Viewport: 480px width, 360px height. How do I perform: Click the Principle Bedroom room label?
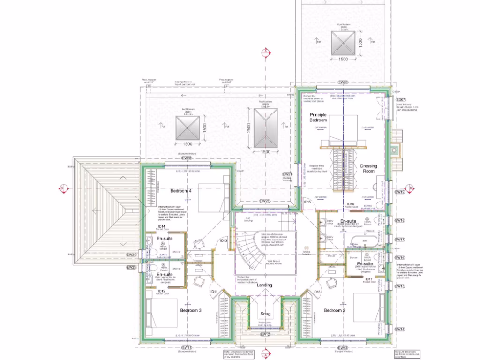[x=318, y=117]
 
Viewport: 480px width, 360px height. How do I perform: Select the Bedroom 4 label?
[x=181, y=191]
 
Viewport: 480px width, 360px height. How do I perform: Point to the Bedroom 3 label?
[x=191, y=310]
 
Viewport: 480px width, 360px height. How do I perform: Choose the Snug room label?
[x=265, y=314]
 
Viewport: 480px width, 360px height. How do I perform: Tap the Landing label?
[x=264, y=285]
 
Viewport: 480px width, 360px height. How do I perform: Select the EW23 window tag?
[x=187, y=158]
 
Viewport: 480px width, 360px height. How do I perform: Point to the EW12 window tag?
[x=265, y=335]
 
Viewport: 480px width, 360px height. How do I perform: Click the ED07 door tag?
[x=400, y=100]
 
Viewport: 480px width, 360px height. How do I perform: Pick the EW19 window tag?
[x=399, y=192]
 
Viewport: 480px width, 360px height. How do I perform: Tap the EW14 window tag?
[x=399, y=330]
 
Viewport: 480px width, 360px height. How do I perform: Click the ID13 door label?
[x=224, y=240]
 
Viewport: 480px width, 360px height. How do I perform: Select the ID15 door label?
[x=307, y=202]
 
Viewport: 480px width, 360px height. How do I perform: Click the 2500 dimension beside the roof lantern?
[x=249, y=127]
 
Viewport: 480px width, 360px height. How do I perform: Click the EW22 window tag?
[x=265, y=201]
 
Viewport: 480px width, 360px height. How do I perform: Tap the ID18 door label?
[x=317, y=292]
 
